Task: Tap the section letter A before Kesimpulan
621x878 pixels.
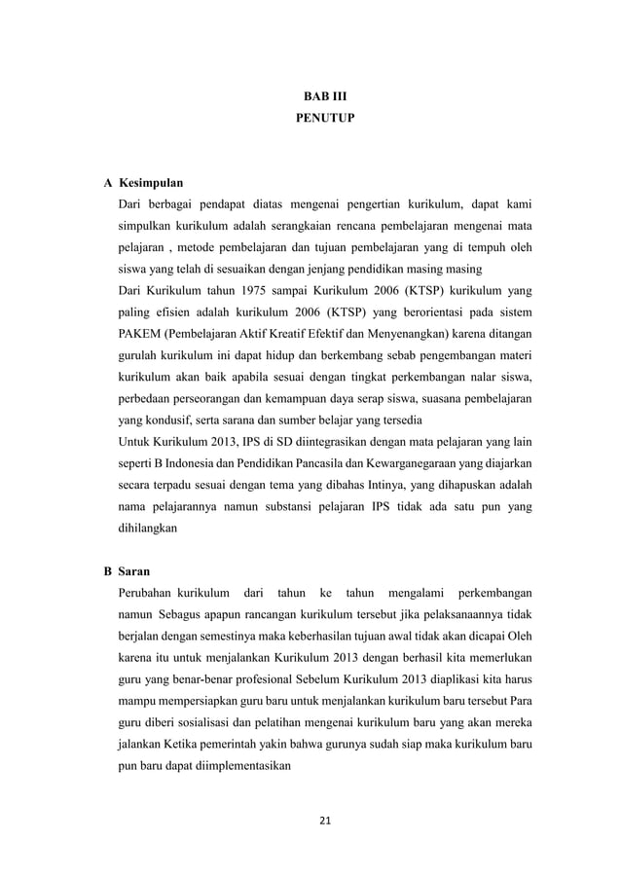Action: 106,182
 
